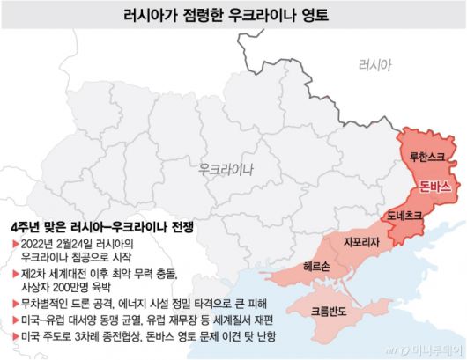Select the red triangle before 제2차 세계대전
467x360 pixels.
pyautogui.click(x=12, y=272)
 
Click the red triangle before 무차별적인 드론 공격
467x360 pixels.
pyautogui.click(x=12, y=301)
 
